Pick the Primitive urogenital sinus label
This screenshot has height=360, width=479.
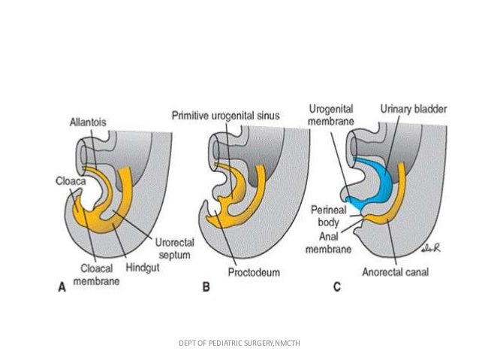click(221, 114)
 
